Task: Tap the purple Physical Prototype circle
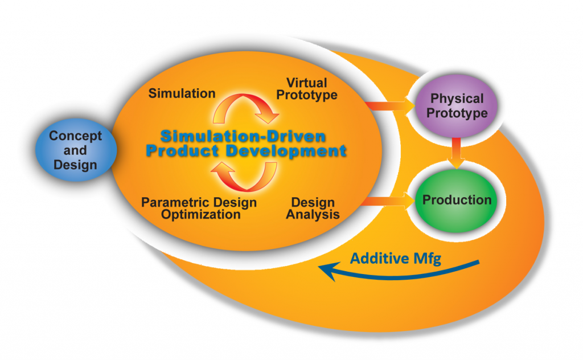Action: [x=457, y=106]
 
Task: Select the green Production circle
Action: [x=457, y=200]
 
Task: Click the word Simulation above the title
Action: [x=182, y=93]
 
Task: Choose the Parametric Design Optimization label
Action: [x=199, y=208]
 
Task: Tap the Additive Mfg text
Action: [x=396, y=258]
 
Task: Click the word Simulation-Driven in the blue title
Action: [x=243, y=137]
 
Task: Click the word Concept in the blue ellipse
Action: [x=75, y=136]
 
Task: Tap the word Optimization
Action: [x=200, y=215]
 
